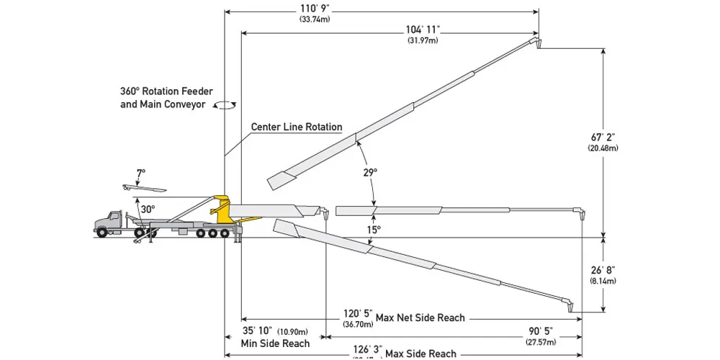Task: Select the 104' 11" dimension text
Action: pos(422,30)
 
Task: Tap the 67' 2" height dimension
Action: pos(603,136)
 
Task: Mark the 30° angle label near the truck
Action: pos(148,209)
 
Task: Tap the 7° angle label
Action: pos(140,173)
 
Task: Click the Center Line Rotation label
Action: pos(296,127)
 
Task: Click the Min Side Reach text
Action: pos(275,343)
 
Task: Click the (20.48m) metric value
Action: pos(603,148)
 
